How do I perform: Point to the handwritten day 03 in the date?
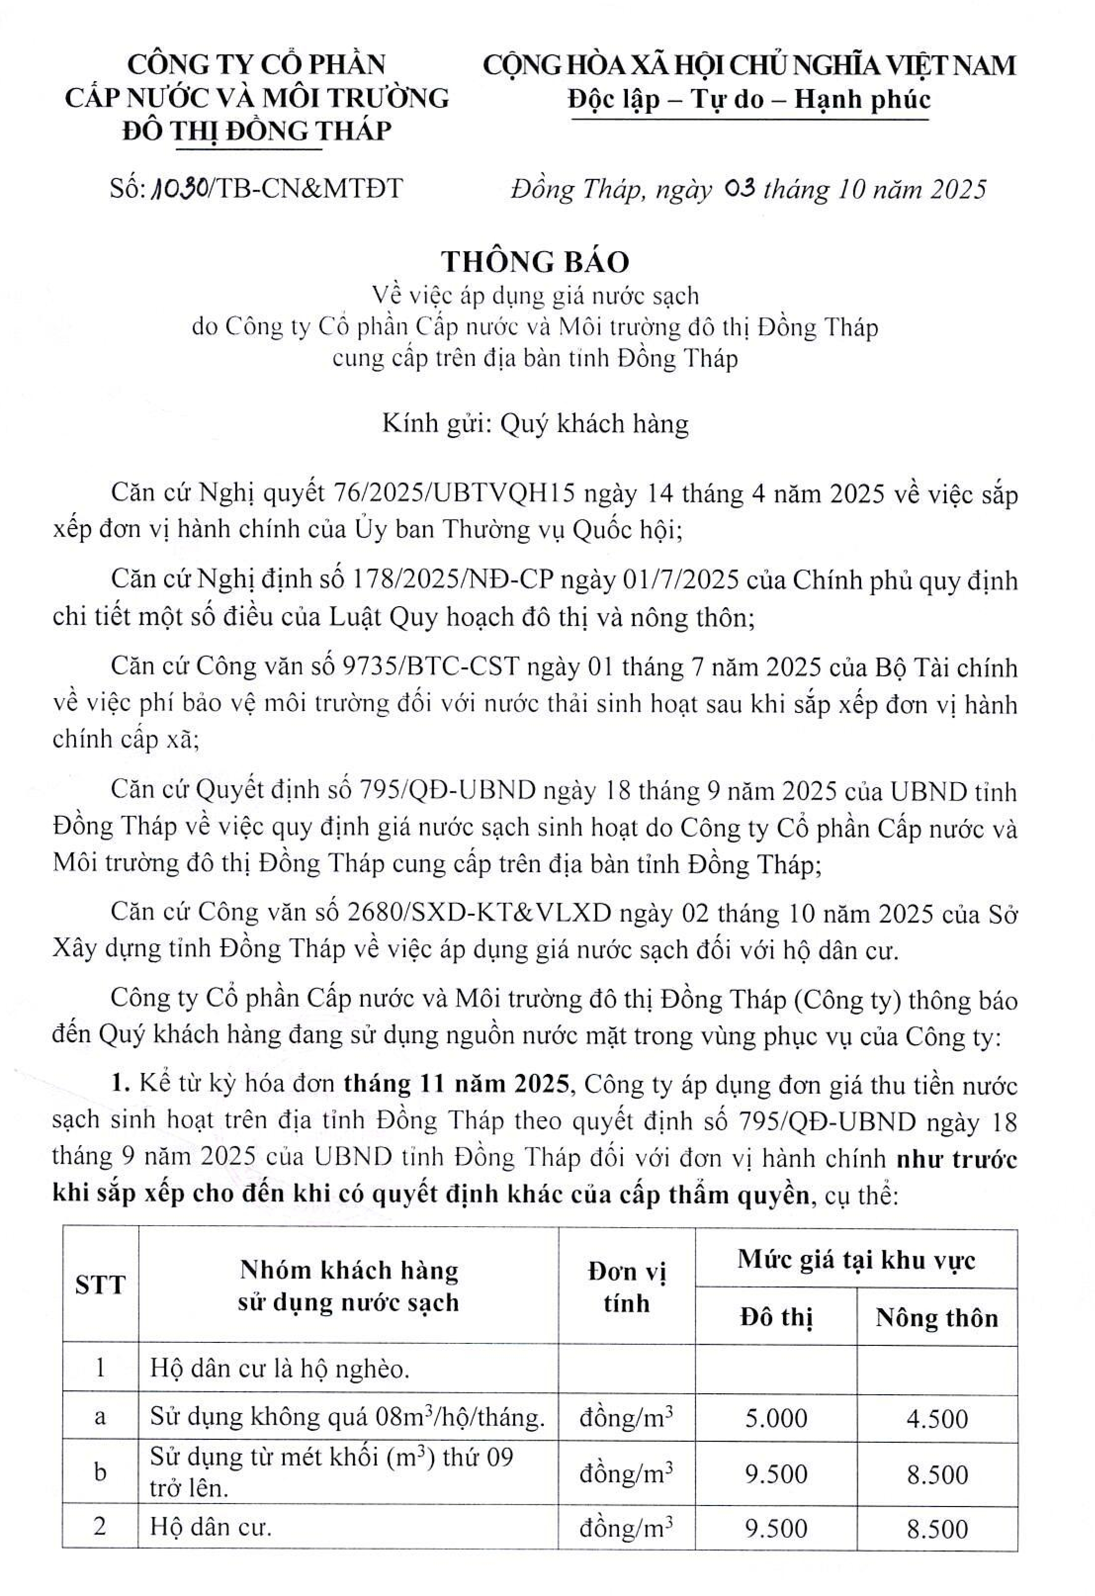pos(740,187)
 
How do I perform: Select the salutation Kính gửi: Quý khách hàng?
pos(535,424)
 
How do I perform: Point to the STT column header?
pos(100,1285)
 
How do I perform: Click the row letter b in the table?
pos(100,1473)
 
